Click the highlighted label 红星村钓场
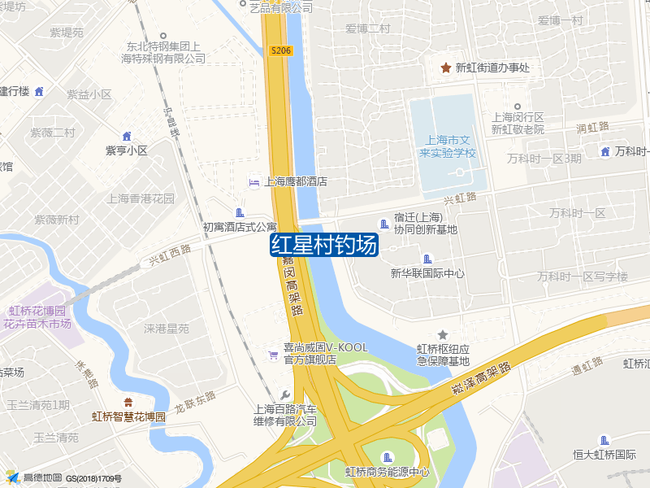pos(324,245)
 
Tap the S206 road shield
pos(281,50)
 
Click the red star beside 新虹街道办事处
pos(445,68)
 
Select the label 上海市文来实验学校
pos(447,146)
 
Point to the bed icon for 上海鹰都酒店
pos(254,181)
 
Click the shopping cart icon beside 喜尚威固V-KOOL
pos(274,354)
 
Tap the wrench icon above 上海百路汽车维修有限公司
pos(284,394)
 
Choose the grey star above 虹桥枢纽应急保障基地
pos(443,334)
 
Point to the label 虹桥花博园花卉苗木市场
pos(37,317)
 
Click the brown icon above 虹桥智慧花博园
pos(128,402)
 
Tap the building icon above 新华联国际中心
pos(427,259)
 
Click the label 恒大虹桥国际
pos(604,454)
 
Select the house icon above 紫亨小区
pos(126,136)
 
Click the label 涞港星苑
pos(167,329)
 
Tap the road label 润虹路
pos(592,128)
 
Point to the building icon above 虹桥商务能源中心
pos(387,456)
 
